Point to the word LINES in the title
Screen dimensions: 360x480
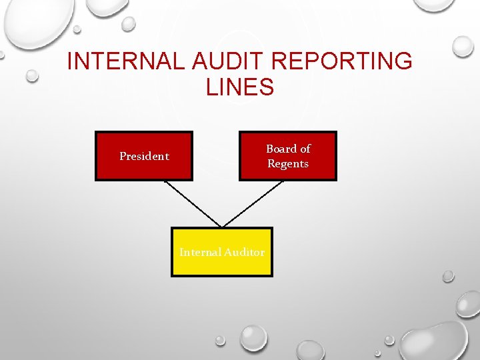click(x=240, y=87)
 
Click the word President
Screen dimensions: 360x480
click(x=144, y=156)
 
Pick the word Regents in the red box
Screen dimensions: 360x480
click(x=288, y=164)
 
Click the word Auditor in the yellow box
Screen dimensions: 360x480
click(x=244, y=252)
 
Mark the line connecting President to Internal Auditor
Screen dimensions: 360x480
click(x=193, y=204)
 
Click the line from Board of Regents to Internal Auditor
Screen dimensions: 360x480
click(x=253, y=203)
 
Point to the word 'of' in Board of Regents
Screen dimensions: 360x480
click(x=305, y=149)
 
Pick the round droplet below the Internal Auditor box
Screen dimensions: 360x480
click(x=253, y=337)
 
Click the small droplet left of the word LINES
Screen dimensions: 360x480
click(x=31, y=76)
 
